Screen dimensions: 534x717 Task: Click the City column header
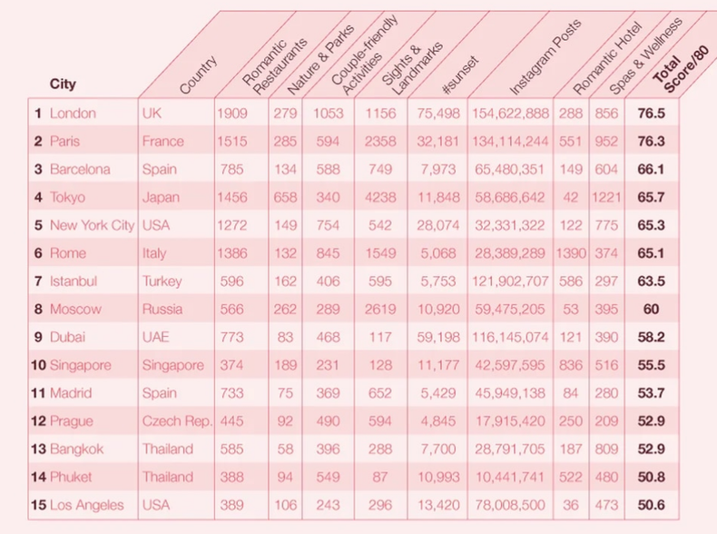click(x=63, y=84)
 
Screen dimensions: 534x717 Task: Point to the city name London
click(x=73, y=114)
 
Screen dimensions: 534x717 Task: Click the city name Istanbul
click(x=74, y=282)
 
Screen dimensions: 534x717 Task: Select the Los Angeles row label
click(x=86, y=505)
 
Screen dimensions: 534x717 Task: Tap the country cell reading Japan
click(x=161, y=197)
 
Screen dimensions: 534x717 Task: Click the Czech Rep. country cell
click(x=176, y=421)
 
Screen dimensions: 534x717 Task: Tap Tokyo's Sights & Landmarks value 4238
click(x=381, y=197)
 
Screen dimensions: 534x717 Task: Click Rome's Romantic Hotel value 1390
click(x=571, y=253)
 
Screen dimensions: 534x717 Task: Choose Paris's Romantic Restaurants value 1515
click(x=231, y=142)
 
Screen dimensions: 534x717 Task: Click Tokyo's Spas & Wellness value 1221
click(x=605, y=197)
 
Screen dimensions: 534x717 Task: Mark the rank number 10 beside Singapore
click(x=38, y=365)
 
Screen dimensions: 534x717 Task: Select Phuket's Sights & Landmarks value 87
click(x=381, y=477)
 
